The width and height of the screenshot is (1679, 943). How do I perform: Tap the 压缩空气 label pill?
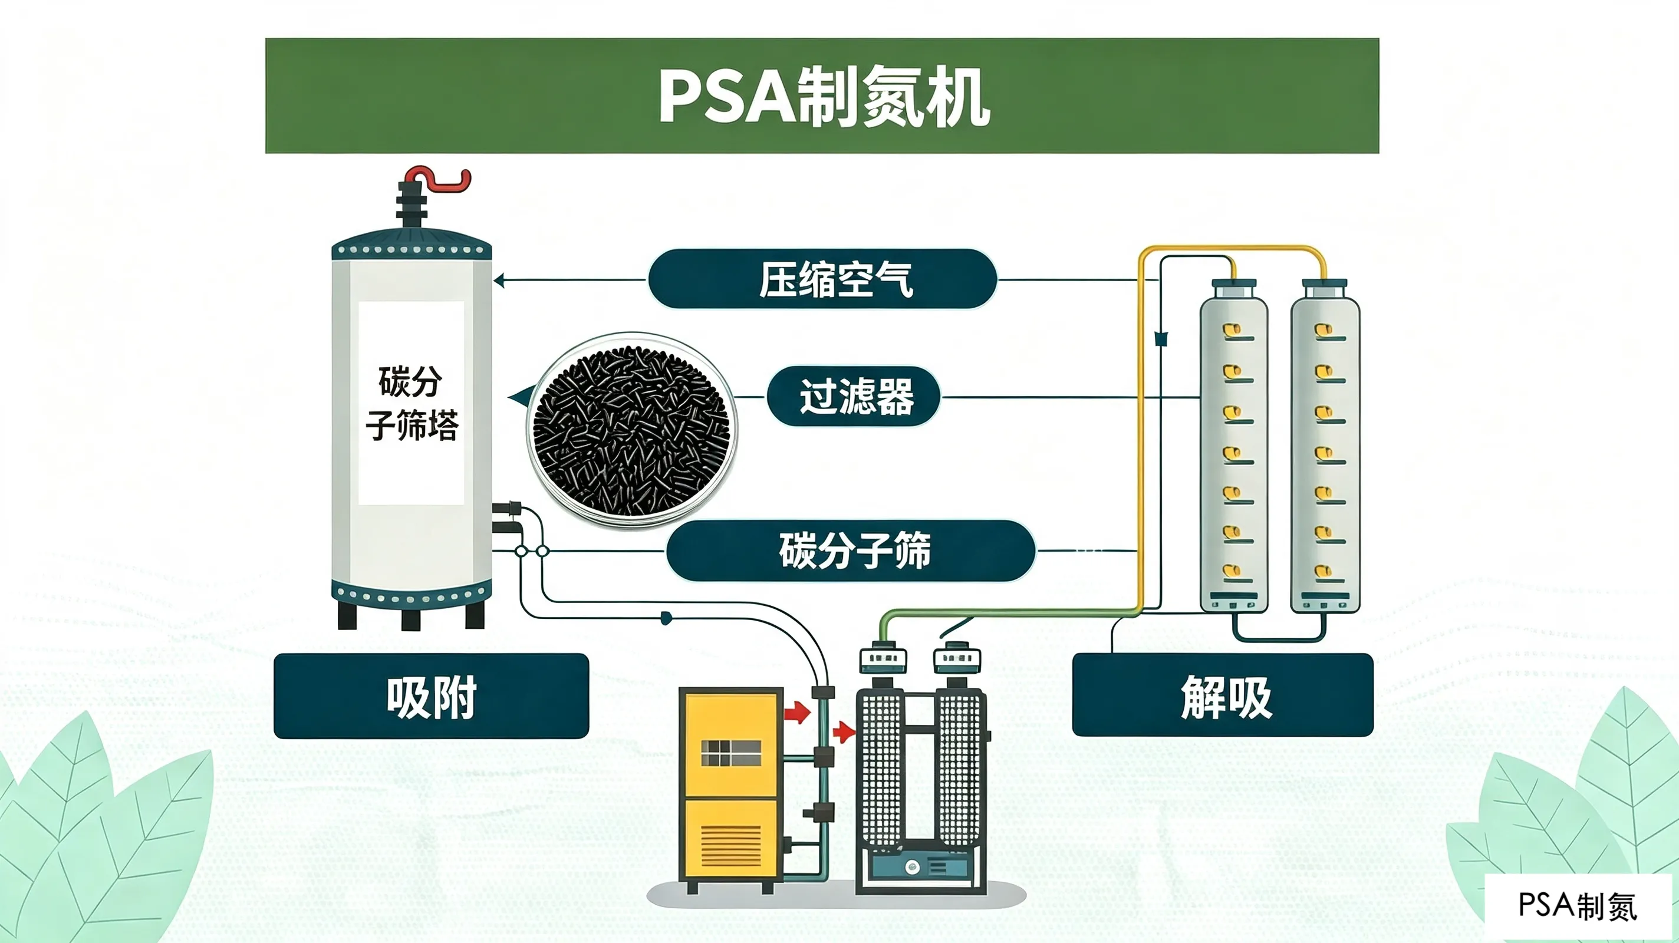pos(822,279)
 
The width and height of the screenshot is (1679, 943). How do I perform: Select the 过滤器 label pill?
pos(854,396)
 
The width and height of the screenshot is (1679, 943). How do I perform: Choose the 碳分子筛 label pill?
pos(851,550)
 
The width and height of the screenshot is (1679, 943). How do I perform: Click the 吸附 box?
pos(432,696)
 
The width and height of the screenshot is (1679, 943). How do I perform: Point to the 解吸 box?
pos(1223,695)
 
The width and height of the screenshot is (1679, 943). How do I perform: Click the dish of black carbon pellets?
pos(631,430)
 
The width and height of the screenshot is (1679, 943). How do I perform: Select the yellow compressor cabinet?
pos(730,785)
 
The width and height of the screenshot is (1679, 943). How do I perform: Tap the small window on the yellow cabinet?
pos(730,753)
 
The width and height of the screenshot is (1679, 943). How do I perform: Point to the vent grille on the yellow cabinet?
pos(730,845)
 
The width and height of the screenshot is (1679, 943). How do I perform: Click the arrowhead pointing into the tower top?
pos(499,281)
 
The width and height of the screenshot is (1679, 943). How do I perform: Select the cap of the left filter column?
pos(1234,289)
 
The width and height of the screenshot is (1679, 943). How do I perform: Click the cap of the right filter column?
pos(1325,289)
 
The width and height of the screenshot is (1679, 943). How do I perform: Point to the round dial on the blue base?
pos(913,867)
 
